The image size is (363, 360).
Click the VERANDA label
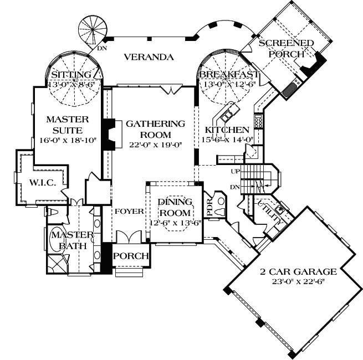[x=149, y=57]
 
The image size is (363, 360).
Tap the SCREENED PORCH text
[x=287, y=49]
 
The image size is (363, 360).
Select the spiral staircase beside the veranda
[x=92, y=31]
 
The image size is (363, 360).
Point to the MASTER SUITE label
[x=64, y=124]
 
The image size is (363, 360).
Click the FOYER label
[x=130, y=211]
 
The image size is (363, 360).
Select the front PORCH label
[x=131, y=256]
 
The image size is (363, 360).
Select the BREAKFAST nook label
[x=229, y=75]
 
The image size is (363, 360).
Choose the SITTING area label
[x=70, y=75]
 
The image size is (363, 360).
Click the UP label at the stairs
[x=236, y=171]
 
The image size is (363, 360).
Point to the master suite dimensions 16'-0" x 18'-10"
[x=64, y=140]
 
